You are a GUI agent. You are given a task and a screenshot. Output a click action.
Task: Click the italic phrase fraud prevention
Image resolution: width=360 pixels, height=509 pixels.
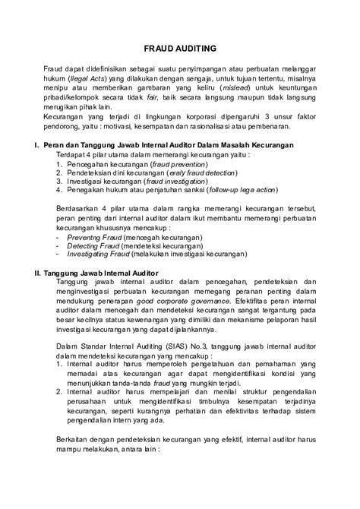178,163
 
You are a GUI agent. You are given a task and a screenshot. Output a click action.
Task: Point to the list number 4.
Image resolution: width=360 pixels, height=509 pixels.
59,193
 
